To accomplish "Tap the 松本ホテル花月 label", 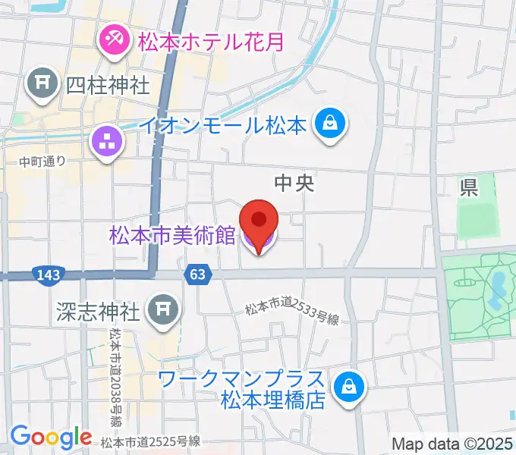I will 211,40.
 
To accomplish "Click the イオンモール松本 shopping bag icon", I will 331,124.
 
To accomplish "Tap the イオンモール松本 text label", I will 223,124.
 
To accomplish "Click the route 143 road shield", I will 48,274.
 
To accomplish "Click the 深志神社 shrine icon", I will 162,309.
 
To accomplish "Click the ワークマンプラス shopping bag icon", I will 350,386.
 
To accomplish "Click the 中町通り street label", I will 43,161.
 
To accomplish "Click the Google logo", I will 51,438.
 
